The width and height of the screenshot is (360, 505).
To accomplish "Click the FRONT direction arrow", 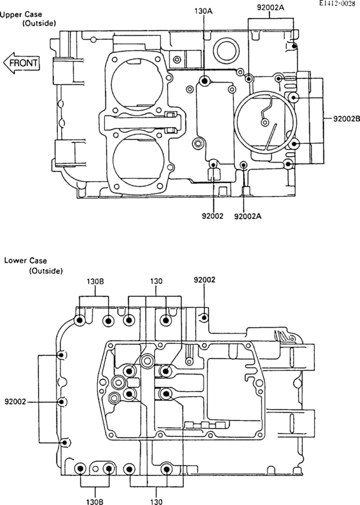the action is (22, 63).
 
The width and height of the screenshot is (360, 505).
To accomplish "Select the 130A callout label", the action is (203, 12).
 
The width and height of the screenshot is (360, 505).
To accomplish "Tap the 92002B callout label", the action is (346, 119).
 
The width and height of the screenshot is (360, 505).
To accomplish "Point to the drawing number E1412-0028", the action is (337, 4).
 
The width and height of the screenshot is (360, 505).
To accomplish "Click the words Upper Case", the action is (21, 15).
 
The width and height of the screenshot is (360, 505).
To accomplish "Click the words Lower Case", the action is (26, 260).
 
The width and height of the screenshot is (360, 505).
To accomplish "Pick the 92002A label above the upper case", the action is (271, 8).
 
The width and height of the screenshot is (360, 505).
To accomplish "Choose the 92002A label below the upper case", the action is (248, 216).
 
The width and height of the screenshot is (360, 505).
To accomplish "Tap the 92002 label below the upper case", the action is (212, 216).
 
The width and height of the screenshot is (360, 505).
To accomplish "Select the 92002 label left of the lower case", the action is (15, 402).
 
